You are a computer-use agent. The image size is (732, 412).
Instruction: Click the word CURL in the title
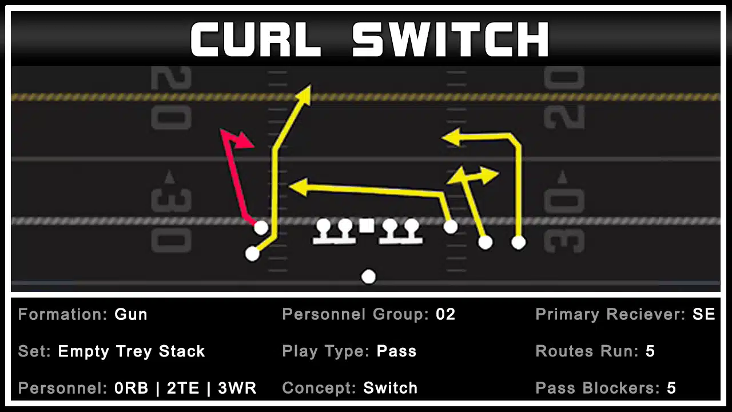[x=256, y=39]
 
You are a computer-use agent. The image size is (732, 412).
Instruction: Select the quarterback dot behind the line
[x=369, y=276]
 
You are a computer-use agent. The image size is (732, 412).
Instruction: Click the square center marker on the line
[x=367, y=226]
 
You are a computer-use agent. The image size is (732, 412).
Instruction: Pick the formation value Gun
[x=131, y=314]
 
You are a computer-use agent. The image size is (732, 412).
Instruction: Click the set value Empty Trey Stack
[x=132, y=351]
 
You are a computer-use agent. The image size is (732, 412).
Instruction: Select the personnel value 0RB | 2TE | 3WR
[x=185, y=388]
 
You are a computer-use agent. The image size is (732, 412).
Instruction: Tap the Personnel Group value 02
[x=445, y=314]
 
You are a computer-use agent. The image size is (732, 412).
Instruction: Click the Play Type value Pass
[x=396, y=351]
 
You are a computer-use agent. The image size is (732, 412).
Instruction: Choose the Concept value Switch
[x=391, y=388]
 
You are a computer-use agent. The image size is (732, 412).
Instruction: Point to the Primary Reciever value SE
[x=704, y=314]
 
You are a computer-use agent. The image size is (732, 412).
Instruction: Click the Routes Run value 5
[x=650, y=351]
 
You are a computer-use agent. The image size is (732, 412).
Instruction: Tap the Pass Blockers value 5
[x=671, y=388]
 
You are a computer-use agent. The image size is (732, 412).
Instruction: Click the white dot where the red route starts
[x=261, y=227]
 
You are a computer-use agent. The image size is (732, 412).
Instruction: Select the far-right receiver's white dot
[x=518, y=242]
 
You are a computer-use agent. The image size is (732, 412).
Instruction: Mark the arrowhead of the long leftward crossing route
[x=299, y=187]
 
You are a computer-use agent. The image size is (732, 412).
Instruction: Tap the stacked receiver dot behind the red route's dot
[x=252, y=253]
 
